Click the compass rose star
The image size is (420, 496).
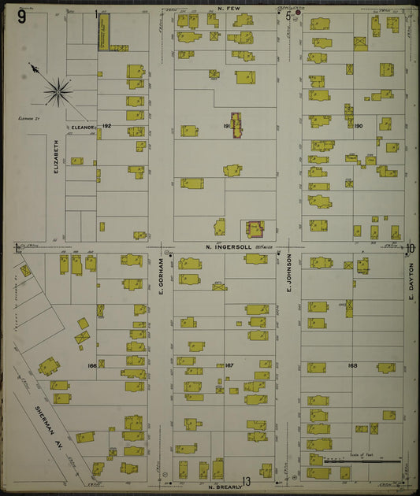pos(58,92)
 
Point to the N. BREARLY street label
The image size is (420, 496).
pos(223,487)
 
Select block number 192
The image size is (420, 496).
pos(107,126)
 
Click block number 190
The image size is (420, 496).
pos(359,126)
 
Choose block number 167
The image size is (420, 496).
pos(229,365)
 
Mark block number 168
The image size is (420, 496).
pos(351,365)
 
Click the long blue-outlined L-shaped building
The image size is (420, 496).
pos(104,33)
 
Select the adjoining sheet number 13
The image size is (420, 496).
pos(246,481)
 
